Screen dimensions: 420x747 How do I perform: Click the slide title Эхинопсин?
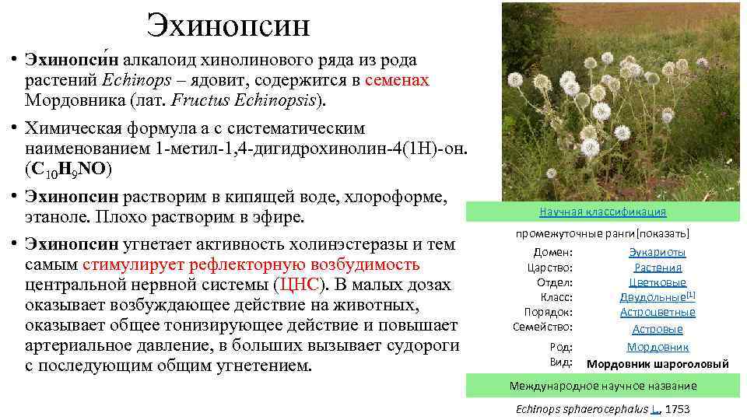pyautogui.click(x=229, y=25)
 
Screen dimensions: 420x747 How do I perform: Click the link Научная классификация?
pyautogui.click(x=603, y=212)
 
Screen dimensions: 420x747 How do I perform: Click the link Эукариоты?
pyautogui.click(x=658, y=252)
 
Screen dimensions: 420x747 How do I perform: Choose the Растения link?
pyautogui.click(x=658, y=267)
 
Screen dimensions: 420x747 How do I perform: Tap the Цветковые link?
pyautogui.click(x=658, y=282)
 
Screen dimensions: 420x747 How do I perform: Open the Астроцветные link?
pyautogui.click(x=658, y=312)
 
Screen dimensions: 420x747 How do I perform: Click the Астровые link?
pyautogui.click(x=658, y=329)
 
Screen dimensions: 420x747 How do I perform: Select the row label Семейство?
pyautogui.click(x=542, y=327)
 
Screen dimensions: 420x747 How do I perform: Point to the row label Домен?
pyautogui.click(x=553, y=252)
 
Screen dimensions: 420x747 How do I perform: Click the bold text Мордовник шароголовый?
pyautogui.click(x=658, y=363)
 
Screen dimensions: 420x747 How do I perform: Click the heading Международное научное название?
pyautogui.click(x=603, y=386)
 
